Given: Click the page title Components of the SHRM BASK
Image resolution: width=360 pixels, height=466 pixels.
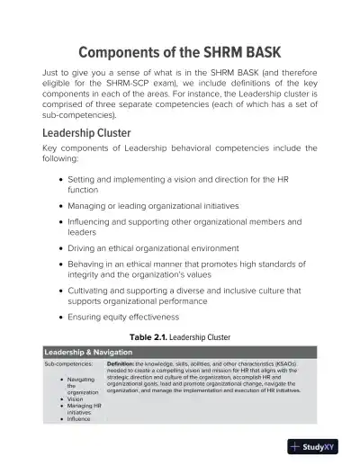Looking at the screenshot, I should click(180, 50).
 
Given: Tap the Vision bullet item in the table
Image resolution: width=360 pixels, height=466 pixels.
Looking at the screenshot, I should click(76, 399).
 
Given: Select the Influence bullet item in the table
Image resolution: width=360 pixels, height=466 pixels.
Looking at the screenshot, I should click(79, 418).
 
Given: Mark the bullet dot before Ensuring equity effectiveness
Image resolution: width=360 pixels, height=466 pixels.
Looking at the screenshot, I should click(59, 316).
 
